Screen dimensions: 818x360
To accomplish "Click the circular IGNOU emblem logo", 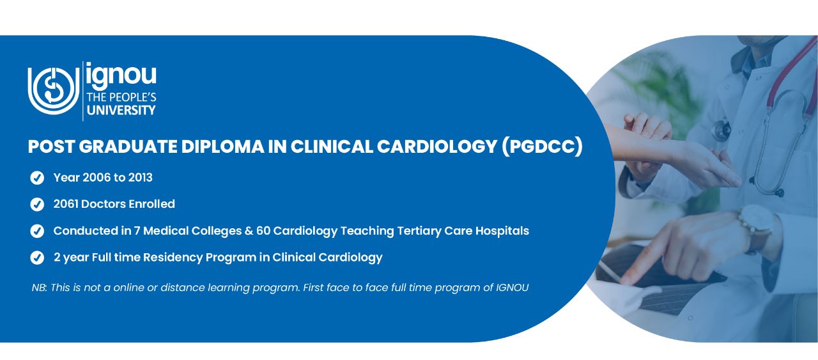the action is pyautogui.click(x=54, y=91).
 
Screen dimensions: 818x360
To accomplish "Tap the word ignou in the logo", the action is pyautogui.click(x=121, y=75).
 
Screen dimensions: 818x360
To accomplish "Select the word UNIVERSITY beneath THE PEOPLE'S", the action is pyautogui.click(x=121, y=110).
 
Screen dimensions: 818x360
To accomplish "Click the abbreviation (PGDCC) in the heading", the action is pyautogui.click(x=542, y=146).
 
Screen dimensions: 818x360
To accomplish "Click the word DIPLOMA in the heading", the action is pyautogui.click(x=222, y=146).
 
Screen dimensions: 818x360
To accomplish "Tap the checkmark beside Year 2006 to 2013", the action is pyautogui.click(x=37, y=178).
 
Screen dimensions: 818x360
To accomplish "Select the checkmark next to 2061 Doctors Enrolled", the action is pyautogui.click(x=37, y=205).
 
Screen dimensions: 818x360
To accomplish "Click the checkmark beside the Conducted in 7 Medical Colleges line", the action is pyautogui.click(x=37, y=231).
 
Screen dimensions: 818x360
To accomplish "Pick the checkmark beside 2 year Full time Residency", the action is pyautogui.click(x=37, y=258).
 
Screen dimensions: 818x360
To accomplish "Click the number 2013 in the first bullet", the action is pyautogui.click(x=140, y=178).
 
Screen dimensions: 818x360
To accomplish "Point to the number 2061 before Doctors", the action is pyautogui.click(x=65, y=204).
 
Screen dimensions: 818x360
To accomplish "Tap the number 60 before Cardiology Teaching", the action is pyautogui.click(x=263, y=231).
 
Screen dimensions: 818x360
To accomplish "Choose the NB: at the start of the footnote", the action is pyautogui.click(x=40, y=288).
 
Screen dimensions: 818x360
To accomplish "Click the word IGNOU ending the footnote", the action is pyautogui.click(x=512, y=288).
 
